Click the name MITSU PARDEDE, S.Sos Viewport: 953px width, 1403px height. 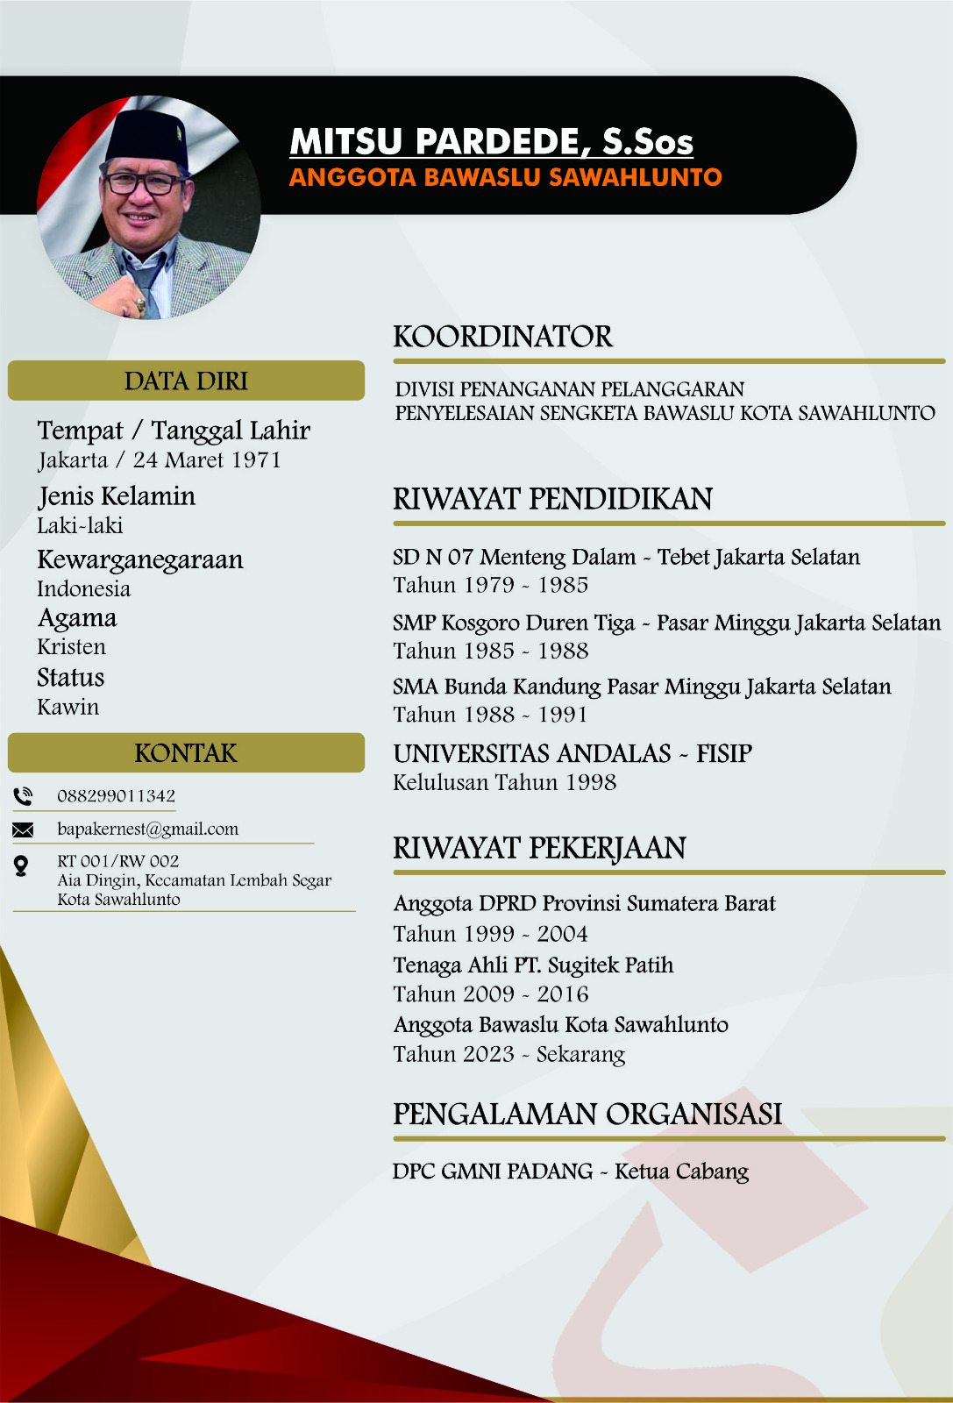click(x=491, y=142)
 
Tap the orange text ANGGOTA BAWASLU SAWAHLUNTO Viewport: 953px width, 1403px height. click(x=505, y=177)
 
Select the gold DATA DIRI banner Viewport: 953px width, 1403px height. click(x=186, y=381)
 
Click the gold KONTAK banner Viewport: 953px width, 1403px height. click(x=186, y=753)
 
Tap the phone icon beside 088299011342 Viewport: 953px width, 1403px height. click(x=23, y=796)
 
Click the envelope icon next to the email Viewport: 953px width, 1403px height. click(x=23, y=830)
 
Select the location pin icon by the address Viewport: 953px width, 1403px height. click(x=21, y=866)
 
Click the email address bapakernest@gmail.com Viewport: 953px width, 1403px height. click(x=147, y=829)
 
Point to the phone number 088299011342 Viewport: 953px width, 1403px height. click(x=116, y=796)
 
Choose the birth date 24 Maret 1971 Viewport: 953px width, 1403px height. click(x=207, y=460)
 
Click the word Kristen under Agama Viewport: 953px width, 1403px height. click(x=71, y=647)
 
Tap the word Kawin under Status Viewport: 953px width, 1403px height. click(x=68, y=707)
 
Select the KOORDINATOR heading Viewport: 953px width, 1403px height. click(x=502, y=337)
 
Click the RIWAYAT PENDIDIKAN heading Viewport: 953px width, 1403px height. click(x=552, y=499)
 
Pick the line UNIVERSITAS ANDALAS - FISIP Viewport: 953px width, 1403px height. click(x=572, y=753)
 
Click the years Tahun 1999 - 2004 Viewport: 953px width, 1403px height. click(x=490, y=933)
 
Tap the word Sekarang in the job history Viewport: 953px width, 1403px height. click(x=580, y=1054)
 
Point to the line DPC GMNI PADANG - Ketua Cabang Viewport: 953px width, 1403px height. click(x=570, y=1172)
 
